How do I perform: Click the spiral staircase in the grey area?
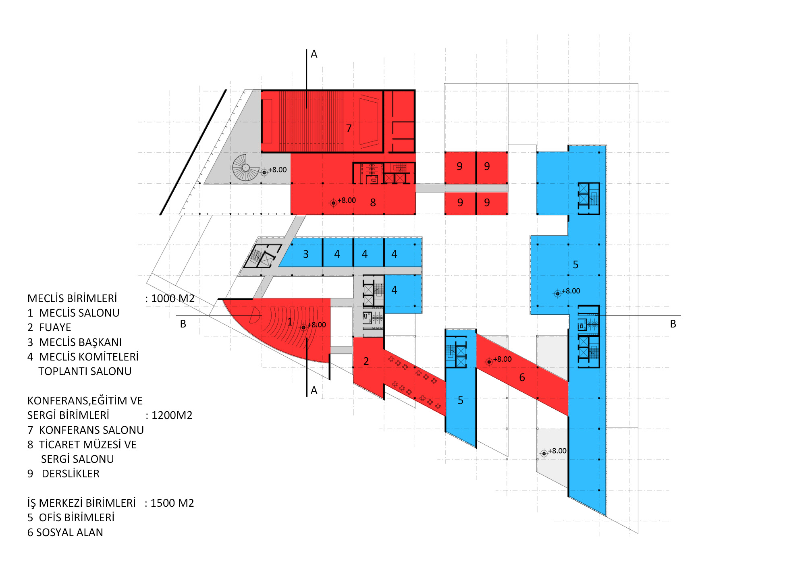(x=245, y=168)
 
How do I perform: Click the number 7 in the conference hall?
(x=349, y=129)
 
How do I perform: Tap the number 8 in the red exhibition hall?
(x=373, y=203)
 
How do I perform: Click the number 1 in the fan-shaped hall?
(x=289, y=322)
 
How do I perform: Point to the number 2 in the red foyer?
(x=366, y=361)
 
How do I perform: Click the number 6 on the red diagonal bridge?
(x=522, y=377)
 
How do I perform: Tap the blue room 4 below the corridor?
(x=403, y=294)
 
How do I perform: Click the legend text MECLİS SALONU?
(x=79, y=313)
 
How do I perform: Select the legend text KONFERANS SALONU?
(x=91, y=430)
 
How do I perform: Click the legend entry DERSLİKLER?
(x=71, y=474)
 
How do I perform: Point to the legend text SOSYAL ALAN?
(x=70, y=533)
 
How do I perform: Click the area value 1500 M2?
(x=172, y=503)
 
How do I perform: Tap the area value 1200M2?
(x=172, y=415)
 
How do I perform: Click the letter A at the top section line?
(x=314, y=54)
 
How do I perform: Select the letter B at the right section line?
(x=673, y=324)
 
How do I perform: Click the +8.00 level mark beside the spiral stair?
(x=278, y=170)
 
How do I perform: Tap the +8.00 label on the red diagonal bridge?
(x=503, y=359)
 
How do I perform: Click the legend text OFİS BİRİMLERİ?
(x=77, y=518)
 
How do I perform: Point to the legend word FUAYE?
(x=55, y=327)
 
